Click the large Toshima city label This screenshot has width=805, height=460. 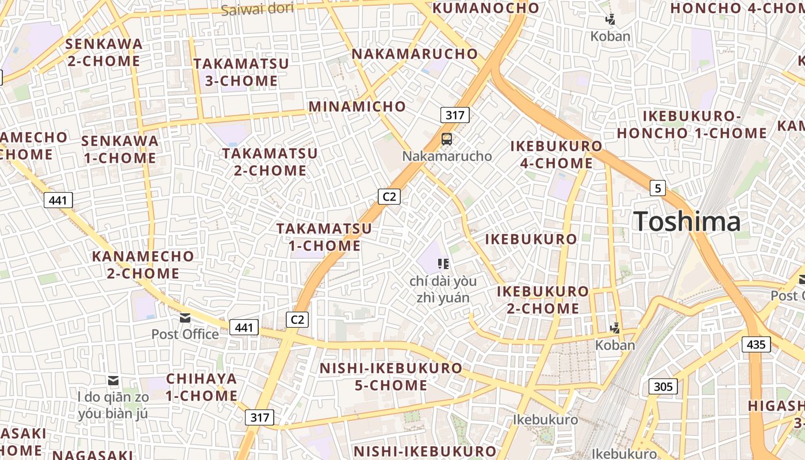(687, 221)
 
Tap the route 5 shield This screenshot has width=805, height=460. (658, 188)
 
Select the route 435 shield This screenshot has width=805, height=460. (756, 344)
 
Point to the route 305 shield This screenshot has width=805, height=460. (663, 386)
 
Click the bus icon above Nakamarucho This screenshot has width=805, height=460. (447, 139)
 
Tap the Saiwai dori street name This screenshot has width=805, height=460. (257, 9)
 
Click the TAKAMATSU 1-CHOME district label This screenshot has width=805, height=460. (324, 237)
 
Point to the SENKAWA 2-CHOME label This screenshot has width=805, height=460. (104, 52)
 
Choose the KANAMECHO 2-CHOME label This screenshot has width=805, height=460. (143, 264)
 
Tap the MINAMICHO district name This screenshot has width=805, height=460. (357, 106)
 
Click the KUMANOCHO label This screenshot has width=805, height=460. (486, 8)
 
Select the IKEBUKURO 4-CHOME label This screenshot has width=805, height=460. (557, 155)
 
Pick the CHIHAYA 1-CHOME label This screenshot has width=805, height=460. (202, 387)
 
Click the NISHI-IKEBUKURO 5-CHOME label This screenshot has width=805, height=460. (391, 376)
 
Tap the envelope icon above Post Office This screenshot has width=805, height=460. (185, 317)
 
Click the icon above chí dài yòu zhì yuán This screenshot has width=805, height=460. (443, 263)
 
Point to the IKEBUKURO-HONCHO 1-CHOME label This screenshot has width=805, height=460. (692, 125)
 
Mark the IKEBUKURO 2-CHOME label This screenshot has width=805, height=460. (543, 300)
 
